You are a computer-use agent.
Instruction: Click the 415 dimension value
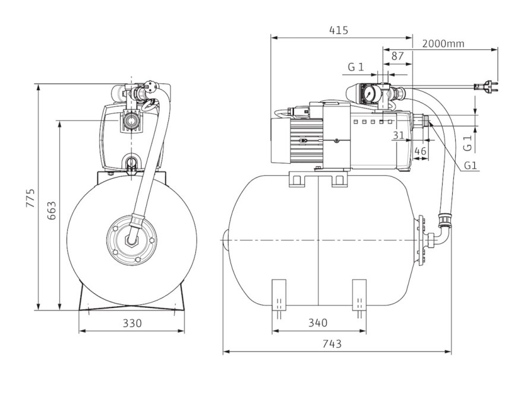[x=339, y=30]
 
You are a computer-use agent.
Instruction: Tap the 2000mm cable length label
[x=443, y=44]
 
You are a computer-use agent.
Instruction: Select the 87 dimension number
[x=397, y=56]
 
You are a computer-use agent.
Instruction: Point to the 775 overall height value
[x=30, y=198]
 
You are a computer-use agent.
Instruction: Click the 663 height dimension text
[x=51, y=211]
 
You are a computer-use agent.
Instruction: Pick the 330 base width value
[x=132, y=323]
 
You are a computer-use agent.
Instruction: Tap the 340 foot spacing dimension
[x=318, y=323]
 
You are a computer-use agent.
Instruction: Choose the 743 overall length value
[x=332, y=344]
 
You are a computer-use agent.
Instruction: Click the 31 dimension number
[x=399, y=135]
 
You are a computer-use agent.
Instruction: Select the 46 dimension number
[x=420, y=151]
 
